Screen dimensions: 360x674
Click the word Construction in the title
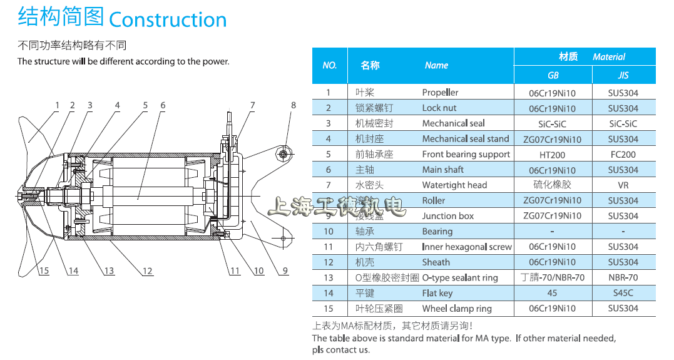coord(168,19)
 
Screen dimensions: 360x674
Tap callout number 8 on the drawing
coord(293,106)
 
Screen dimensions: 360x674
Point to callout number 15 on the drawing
coord(43,270)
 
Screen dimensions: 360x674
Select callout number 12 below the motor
coord(147,270)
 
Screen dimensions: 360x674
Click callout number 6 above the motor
coord(163,106)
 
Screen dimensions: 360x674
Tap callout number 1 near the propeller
coord(57,106)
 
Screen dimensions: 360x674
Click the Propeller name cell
coord(440,93)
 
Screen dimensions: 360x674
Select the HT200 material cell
coord(553,154)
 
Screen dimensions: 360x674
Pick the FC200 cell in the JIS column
coord(623,154)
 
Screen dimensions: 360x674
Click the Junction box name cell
coord(447,216)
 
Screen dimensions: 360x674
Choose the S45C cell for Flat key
coord(623,293)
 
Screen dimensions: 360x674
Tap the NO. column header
coord(330,65)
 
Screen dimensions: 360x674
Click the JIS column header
coord(623,75)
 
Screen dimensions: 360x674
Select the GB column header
coord(553,75)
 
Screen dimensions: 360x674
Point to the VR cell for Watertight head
coord(623,185)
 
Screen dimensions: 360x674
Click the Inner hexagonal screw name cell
coord(466,247)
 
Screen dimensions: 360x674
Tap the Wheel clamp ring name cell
coord(457,308)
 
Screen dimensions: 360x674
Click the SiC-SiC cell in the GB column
coord(553,124)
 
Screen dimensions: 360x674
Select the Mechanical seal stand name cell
coord(465,139)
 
